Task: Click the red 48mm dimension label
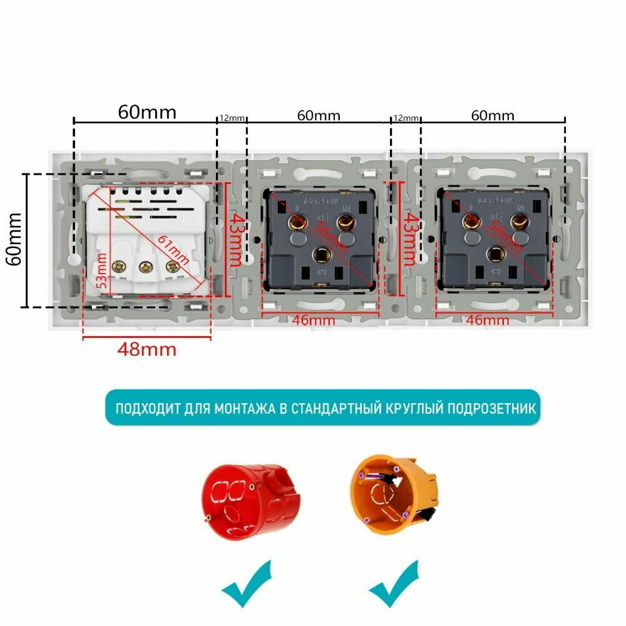click(x=146, y=349)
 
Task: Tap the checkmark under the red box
click(x=247, y=586)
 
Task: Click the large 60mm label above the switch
click(x=147, y=112)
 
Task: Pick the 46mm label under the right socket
click(x=488, y=321)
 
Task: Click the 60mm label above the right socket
click(x=493, y=116)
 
